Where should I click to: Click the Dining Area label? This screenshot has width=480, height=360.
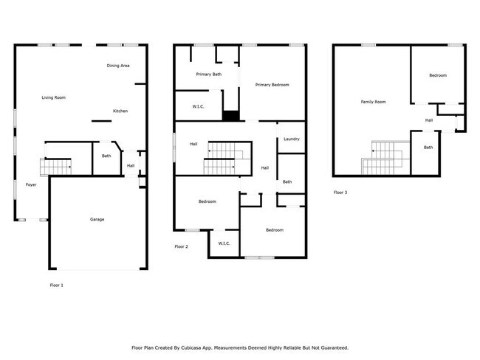click(118, 66)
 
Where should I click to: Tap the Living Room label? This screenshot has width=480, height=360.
click(53, 97)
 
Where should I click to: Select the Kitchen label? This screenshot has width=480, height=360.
click(120, 111)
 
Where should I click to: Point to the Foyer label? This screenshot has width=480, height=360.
click(31, 184)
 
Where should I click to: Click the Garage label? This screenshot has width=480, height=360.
click(97, 219)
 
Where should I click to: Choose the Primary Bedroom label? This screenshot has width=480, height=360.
click(272, 86)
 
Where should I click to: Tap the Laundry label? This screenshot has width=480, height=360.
click(291, 139)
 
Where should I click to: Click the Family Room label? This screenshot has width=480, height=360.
click(373, 102)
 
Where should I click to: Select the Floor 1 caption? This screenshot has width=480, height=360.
click(57, 285)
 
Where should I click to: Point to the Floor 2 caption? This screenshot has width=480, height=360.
click(182, 246)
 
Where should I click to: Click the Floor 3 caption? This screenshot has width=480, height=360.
click(340, 192)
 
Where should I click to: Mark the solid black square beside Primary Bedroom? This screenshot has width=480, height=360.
click(231, 115)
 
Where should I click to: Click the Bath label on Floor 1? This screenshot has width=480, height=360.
click(106, 156)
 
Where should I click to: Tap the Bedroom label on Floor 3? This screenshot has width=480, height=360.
click(438, 75)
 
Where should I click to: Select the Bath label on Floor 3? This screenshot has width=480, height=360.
click(428, 148)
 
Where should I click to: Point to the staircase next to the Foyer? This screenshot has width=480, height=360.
click(56, 167)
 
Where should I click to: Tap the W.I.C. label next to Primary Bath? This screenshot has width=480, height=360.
click(198, 107)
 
